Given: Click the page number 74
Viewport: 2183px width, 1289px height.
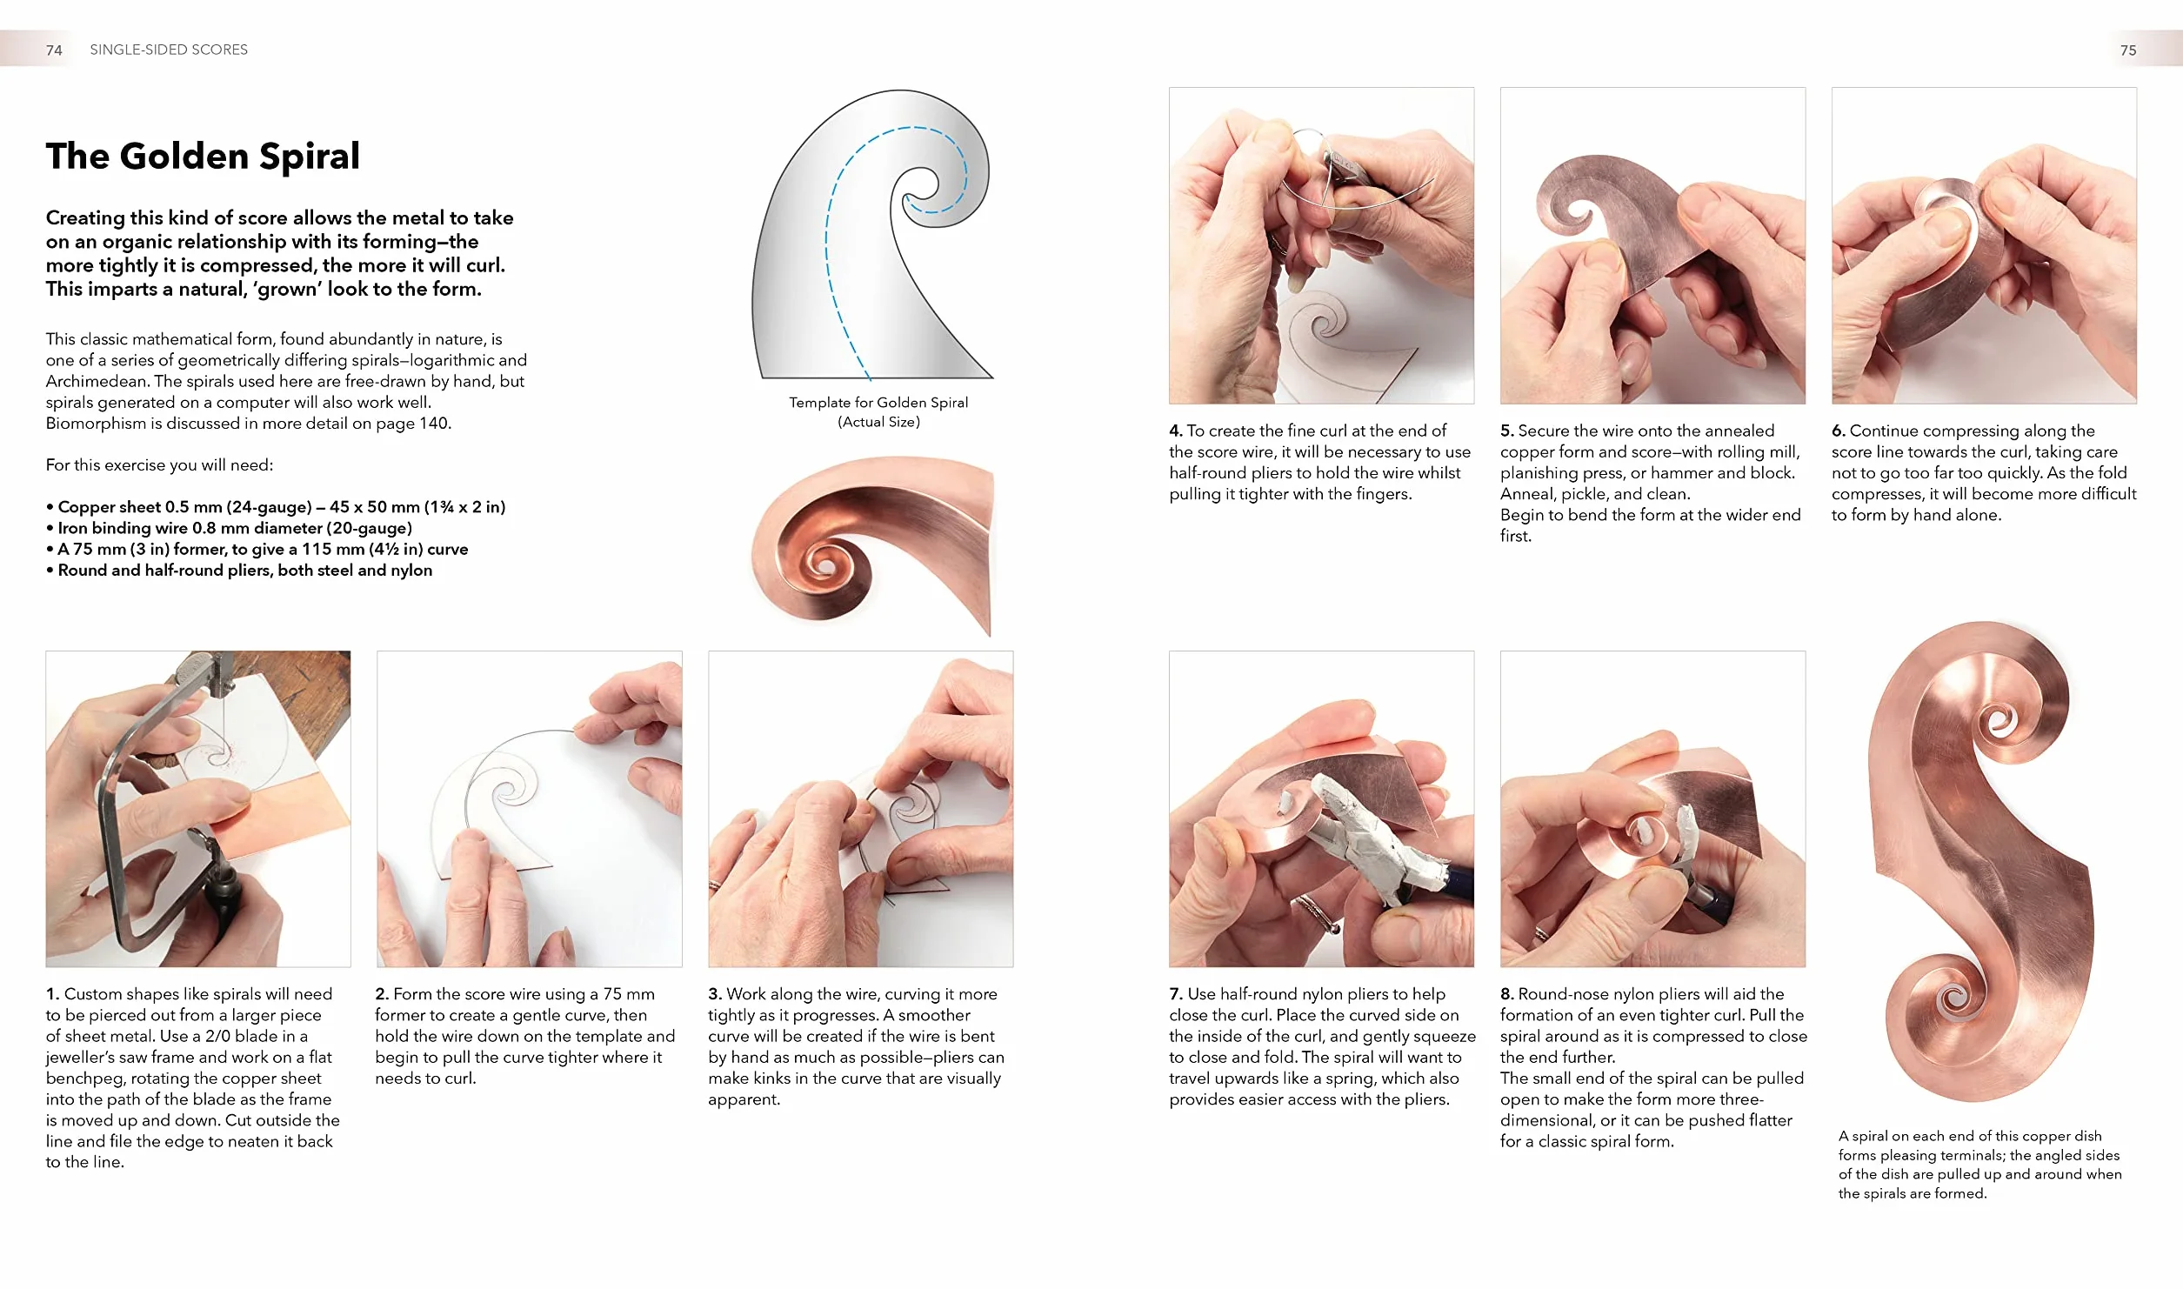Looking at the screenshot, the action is pos(54,50).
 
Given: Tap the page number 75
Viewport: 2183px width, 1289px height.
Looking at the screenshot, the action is pos(2127,50).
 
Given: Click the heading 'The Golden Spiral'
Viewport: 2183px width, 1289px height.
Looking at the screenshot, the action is pos(203,157).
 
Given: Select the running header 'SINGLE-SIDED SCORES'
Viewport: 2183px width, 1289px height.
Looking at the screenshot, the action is pos(169,50).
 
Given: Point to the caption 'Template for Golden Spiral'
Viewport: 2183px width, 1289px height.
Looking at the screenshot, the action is pos(878,402).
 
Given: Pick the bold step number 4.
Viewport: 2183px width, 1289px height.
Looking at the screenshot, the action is pos(1176,431).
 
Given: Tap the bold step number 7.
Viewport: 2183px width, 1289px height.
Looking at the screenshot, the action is pos(1176,994).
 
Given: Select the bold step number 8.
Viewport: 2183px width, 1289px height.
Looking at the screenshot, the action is pos(1507,994).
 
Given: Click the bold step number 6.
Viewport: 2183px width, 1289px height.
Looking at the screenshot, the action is pos(1839,431).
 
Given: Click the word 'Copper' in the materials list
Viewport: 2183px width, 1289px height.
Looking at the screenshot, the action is pos(83,507).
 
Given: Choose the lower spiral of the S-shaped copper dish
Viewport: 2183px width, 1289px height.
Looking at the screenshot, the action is pos(1953,1005).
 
